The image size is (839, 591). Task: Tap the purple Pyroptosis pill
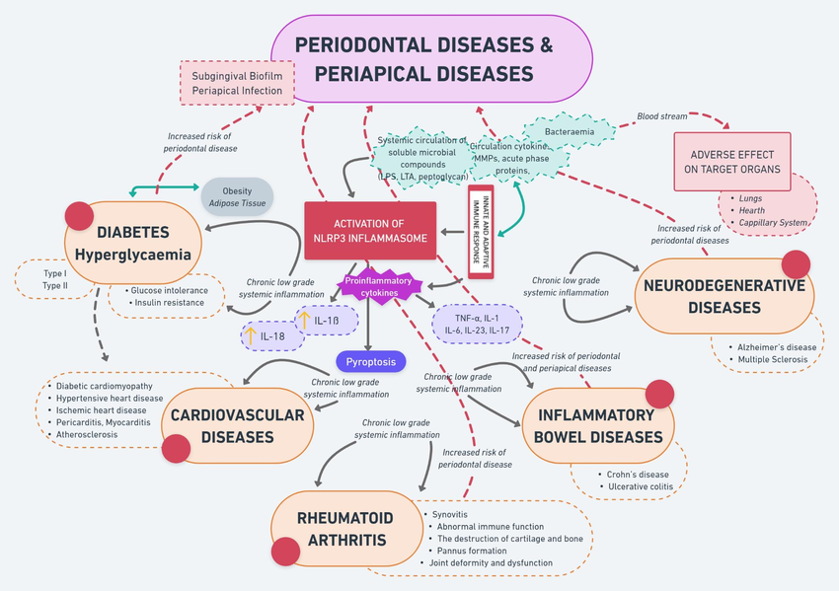click(x=371, y=362)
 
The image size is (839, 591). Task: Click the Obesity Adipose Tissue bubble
click(x=237, y=197)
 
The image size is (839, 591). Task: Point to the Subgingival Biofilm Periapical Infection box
click(x=237, y=83)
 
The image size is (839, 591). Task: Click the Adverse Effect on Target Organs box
click(x=731, y=162)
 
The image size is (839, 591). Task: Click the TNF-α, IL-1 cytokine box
click(x=477, y=322)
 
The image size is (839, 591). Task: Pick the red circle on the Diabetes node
click(x=79, y=216)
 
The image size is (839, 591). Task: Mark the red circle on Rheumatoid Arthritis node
click(x=286, y=553)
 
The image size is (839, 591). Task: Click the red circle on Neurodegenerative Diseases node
click(x=796, y=264)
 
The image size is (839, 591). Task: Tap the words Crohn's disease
click(x=639, y=475)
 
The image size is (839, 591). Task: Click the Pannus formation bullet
click(x=481, y=551)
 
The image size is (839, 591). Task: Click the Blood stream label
click(x=661, y=116)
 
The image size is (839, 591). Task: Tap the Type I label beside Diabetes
click(x=54, y=273)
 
